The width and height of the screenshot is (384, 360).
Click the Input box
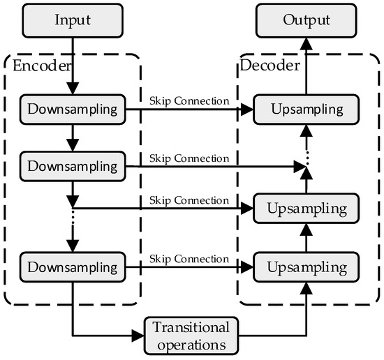tap(73, 19)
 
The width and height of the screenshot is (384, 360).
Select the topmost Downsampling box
tap(73, 110)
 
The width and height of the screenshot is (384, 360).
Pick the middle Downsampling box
tap(73, 166)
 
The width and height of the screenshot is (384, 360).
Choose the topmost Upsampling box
tap(307, 110)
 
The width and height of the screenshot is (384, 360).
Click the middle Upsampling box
tap(307, 209)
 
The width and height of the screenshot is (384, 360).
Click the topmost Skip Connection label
tap(189, 100)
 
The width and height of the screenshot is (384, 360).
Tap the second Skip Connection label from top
tap(189, 158)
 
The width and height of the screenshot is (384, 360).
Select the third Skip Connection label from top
tap(189, 200)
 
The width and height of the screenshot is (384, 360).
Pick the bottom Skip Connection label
tap(189, 259)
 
